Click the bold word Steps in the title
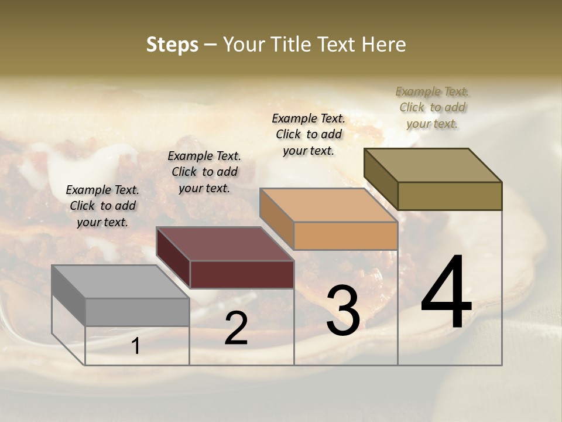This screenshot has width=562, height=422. click(172, 45)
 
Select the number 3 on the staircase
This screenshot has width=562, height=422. click(343, 311)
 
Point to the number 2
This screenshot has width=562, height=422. click(236, 328)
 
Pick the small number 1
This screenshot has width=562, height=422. click(136, 346)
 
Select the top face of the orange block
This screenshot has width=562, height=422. click(328, 205)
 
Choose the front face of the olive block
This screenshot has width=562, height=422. click(450, 196)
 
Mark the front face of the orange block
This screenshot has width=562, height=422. click(345, 236)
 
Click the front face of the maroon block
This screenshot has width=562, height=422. click(242, 274)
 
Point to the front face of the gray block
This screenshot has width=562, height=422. click(138, 312)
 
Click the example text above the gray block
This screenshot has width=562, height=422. click(102, 206)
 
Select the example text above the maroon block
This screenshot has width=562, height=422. click(204, 172)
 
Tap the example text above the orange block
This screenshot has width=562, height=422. click(309, 134)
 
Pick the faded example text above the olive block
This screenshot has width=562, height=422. click(432, 107)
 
